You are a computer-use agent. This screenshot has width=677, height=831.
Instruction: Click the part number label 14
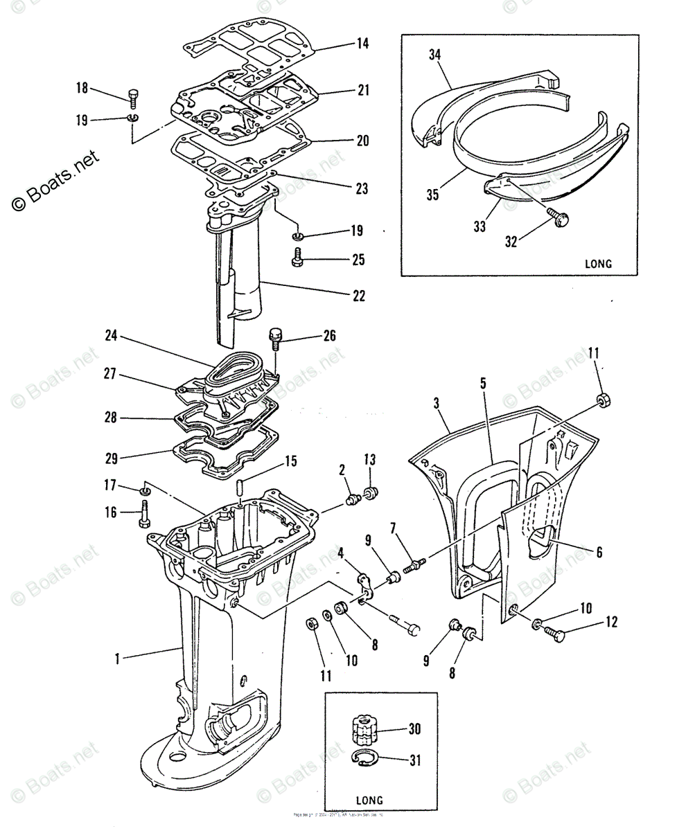(362, 44)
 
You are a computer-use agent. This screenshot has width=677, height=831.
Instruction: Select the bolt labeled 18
(134, 98)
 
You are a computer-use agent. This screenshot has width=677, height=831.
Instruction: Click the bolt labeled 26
(274, 339)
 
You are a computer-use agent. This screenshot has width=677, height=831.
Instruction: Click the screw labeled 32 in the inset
(560, 219)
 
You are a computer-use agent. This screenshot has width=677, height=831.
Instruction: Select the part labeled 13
(371, 492)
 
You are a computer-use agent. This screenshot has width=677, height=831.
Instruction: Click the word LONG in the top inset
(599, 263)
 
